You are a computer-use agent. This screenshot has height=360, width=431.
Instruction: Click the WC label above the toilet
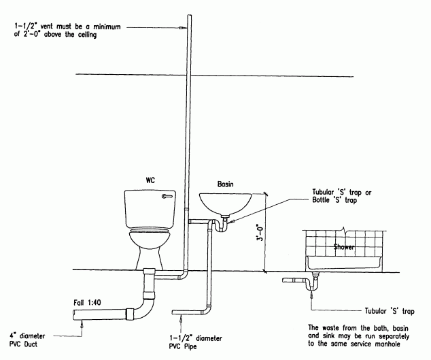pyautogui.click(x=150, y=180)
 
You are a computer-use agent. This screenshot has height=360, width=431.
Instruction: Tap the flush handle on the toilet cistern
pyautogui.click(x=167, y=196)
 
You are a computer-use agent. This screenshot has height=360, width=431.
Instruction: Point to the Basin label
pyautogui.click(x=226, y=184)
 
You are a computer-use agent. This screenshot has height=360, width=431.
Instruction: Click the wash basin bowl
pyautogui.click(x=226, y=203)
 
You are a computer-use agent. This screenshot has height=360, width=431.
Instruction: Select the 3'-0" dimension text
pyautogui.click(x=260, y=232)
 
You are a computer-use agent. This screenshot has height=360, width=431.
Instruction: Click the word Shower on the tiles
pyautogui.click(x=343, y=247)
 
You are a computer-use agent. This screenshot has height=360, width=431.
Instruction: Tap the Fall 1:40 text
pyautogui.click(x=87, y=302)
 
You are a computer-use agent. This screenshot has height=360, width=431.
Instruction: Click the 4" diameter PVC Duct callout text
pyautogui.click(x=27, y=340)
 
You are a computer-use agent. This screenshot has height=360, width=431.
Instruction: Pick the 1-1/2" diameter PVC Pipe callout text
pyautogui.click(x=195, y=342)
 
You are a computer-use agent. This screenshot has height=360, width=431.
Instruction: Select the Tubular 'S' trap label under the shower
pyautogui.click(x=390, y=311)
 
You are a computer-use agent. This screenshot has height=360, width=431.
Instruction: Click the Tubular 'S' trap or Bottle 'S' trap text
pyautogui.click(x=342, y=196)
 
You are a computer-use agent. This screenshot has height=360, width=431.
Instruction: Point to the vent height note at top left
pyautogui.click(x=67, y=31)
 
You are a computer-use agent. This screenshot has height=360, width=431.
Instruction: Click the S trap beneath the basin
pyautogui.click(x=221, y=225)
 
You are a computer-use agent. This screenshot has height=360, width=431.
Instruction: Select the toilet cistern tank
pyautogui.click(x=150, y=209)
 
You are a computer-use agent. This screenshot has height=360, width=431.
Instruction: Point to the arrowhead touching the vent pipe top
pyautogui.click(x=182, y=28)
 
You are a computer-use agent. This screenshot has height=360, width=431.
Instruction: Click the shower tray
pyautogui.click(x=344, y=263)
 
